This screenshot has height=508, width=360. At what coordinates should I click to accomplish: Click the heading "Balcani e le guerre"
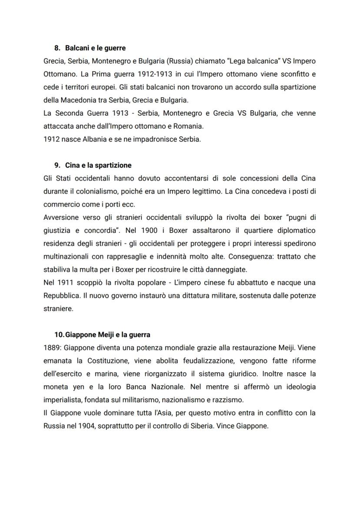pos(95,48)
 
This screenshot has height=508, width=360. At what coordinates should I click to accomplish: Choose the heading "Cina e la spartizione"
pos(98,166)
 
